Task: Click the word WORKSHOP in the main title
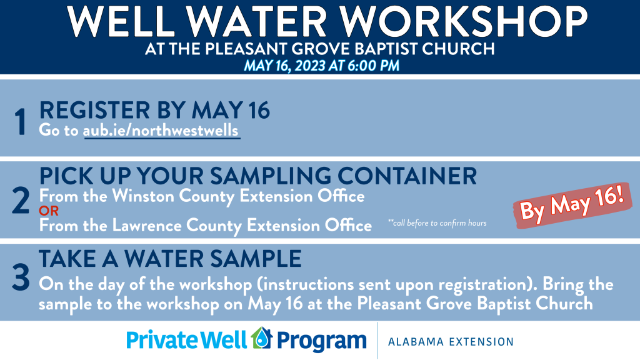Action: [464, 21]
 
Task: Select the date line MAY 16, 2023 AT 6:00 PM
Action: [321, 66]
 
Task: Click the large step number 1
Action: [21, 122]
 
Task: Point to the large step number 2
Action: [21, 201]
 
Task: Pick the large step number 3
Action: [21, 277]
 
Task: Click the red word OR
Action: [49, 211]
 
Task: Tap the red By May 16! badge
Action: [572, 205]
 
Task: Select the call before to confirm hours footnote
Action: [437, 223]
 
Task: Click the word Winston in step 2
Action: [143, 196]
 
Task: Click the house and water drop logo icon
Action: [262, 338]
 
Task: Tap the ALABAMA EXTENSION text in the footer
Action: [451, 342]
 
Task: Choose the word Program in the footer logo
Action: [322, 341]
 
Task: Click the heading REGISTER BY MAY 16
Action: [154, 110]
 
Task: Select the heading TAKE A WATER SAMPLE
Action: [170, 258]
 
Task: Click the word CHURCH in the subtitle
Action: [458, 49]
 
